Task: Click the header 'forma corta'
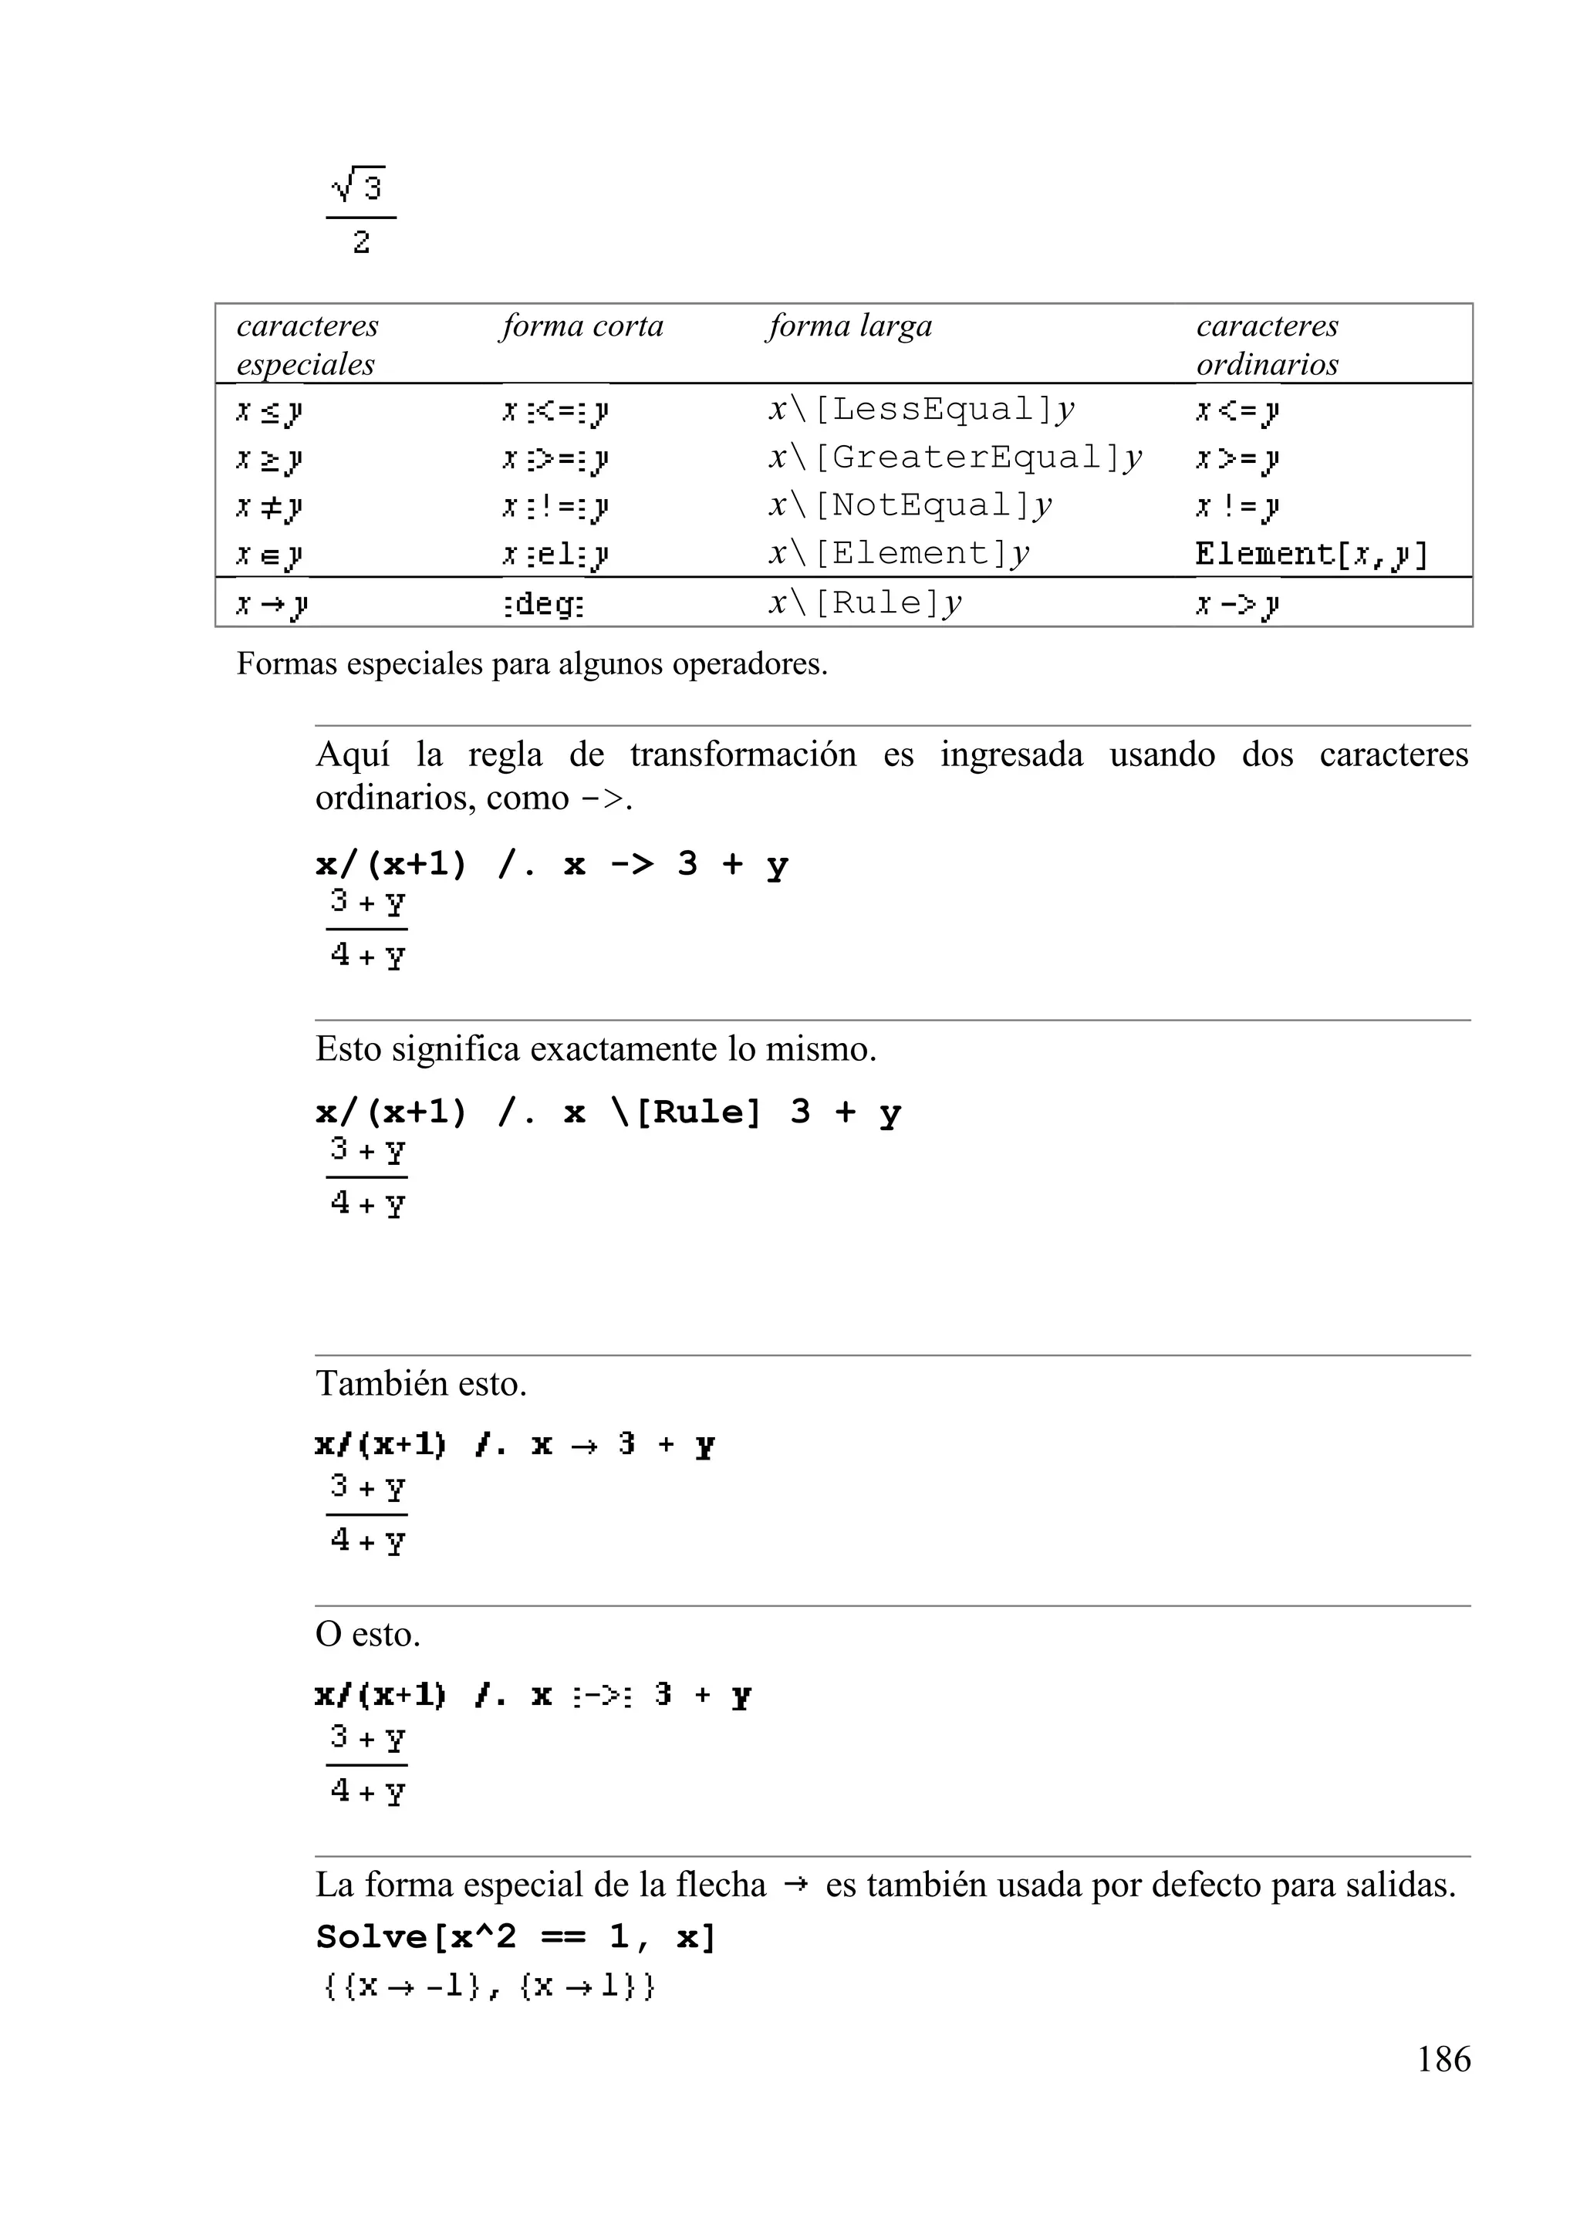pos(582,326)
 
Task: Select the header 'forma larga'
pos(849,326)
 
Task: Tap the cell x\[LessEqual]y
pos(921,410)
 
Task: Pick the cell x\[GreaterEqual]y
pos(954,457)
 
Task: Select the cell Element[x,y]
pos(1311,554)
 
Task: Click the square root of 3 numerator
pos(360,185)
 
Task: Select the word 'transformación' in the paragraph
pos(743,754)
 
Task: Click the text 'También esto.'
pos(421,1383)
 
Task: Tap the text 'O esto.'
pos(367,1634)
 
